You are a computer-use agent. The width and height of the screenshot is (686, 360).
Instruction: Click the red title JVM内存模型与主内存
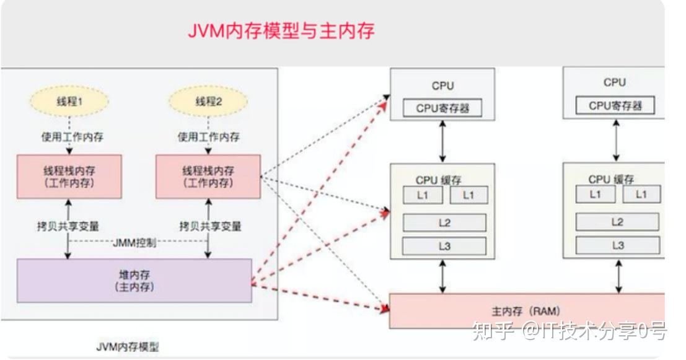(281, 30)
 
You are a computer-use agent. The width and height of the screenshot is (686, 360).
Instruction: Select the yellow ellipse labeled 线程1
(69, 102)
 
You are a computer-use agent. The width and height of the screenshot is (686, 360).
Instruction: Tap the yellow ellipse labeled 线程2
(208, 102)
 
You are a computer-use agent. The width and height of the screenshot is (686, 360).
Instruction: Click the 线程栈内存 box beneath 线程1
(69, 177)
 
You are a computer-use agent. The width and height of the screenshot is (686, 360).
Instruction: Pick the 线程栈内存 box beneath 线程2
(208, 177)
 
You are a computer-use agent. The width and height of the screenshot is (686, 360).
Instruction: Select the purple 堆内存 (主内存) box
(134, 281)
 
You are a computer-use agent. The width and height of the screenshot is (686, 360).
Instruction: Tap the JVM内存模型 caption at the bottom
(127, 347)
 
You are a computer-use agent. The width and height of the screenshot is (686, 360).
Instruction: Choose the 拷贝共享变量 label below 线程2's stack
(210, 226)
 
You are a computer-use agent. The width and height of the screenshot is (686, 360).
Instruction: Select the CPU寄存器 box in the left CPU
(442, 108)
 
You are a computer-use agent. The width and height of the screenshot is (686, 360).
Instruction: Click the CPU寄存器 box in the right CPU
(615, 105)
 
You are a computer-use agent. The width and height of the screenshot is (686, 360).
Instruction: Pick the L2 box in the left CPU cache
(444, 222)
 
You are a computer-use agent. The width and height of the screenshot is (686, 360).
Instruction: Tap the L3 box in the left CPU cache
(444, 246)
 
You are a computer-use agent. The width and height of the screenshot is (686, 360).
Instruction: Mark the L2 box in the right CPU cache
(617, 222)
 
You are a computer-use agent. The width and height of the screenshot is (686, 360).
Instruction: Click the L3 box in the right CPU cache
(617, 245)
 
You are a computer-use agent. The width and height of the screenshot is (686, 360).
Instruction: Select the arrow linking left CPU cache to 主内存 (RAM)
(442, 276)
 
